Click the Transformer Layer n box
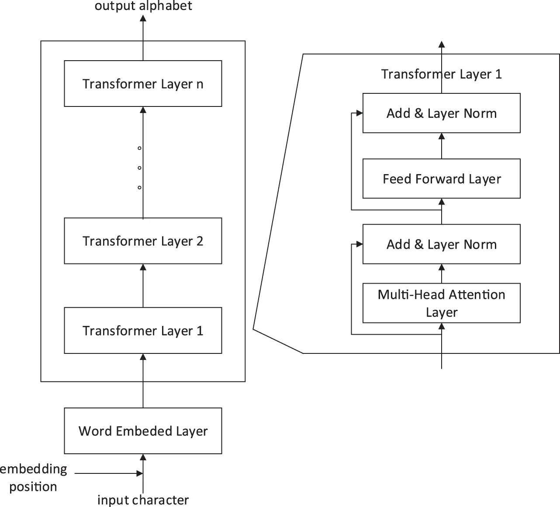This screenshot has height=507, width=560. point(143,83)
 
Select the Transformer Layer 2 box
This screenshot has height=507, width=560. point(143,241)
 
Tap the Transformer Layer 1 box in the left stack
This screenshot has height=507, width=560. point(143,330)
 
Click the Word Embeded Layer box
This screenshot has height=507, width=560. point(143,431)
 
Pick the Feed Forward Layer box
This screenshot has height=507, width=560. point(441,178)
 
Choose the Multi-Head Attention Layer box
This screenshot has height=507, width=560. point(441,303)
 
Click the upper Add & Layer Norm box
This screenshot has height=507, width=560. point(441,113)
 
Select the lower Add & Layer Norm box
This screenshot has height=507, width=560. point(441,244)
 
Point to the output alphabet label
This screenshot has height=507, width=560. point(143,6)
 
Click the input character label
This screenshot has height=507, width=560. point(143,500)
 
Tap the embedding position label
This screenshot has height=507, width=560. point(33,477)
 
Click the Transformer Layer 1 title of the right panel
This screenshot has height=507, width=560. point(441,74)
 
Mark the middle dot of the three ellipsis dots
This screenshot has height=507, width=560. point(139,168)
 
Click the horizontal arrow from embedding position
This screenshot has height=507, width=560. point(109,473)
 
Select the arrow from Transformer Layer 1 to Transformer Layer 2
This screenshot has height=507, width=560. point(143,286)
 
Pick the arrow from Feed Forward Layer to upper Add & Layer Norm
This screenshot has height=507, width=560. point(442,146)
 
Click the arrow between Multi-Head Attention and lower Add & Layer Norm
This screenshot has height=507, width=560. point(442,274)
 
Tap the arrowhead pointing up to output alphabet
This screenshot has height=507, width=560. point(143,18)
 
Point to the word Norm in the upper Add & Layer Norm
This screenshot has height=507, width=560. point(480,113)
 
